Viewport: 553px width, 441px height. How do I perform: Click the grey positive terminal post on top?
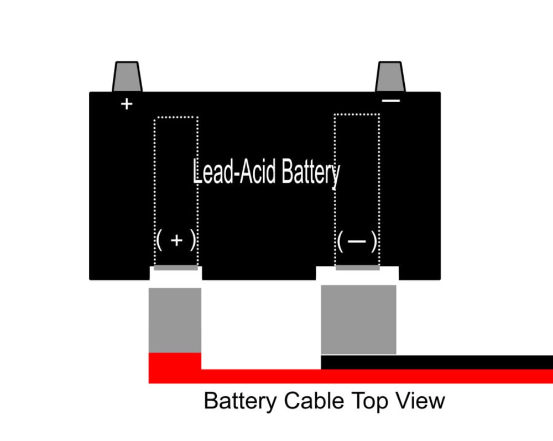127,77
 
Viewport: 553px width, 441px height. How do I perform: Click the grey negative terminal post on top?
390,77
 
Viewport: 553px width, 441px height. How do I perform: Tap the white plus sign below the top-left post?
127,103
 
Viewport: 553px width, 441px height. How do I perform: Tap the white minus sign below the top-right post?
391,101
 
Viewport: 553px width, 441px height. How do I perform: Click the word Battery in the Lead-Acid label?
311,172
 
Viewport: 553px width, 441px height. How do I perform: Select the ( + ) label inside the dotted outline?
176,241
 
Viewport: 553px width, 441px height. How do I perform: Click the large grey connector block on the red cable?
175,319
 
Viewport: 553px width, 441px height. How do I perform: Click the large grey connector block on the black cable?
358,319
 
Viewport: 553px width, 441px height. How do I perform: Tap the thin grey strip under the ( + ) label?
176,268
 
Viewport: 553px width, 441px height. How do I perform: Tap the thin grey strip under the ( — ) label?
357,268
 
